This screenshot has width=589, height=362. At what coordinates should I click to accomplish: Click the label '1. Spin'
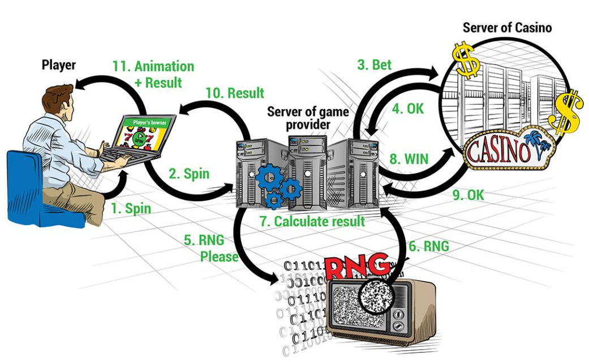[131, 208]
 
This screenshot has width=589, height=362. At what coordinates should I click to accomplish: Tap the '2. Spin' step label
[189, 174]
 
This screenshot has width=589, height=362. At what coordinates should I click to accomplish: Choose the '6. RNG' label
[428, 245]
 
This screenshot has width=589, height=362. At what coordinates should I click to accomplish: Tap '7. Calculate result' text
[312, 221]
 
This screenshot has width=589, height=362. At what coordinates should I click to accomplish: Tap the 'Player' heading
[59, 65]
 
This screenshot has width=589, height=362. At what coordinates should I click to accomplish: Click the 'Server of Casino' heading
[507, 27]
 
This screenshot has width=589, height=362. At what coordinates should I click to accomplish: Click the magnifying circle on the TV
[373, 294]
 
